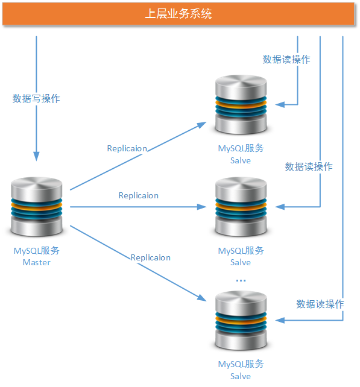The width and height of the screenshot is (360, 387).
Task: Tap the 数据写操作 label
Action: [36, 98]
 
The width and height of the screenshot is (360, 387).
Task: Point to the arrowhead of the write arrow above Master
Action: [36, 156]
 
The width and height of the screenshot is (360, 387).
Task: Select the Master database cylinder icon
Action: [36, 207]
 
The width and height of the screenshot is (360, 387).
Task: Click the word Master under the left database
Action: [36, 262]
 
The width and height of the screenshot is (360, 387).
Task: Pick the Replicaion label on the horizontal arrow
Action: [138, 195]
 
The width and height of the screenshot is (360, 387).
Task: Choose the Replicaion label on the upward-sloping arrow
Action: [127, 148]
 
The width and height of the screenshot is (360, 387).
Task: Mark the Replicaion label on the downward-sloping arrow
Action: [150, 257]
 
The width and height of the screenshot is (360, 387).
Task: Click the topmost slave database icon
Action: [241, 105]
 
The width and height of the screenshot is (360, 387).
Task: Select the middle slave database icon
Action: [241, 207]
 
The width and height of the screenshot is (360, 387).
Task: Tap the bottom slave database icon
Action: [241, 321]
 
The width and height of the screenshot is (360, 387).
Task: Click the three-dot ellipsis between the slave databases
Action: [241, 281]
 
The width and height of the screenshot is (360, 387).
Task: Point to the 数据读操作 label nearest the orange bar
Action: [286, 59]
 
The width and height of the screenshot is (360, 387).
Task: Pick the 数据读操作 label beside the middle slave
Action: [308, 166]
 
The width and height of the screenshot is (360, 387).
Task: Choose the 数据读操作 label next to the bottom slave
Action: [320, 304]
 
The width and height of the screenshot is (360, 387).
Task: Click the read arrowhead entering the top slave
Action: [280, 105]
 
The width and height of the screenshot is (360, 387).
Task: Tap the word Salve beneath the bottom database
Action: [240, 376]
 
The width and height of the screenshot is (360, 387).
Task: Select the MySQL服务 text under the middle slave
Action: [241, 250]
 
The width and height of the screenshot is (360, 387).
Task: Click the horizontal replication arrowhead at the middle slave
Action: [203, 207]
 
